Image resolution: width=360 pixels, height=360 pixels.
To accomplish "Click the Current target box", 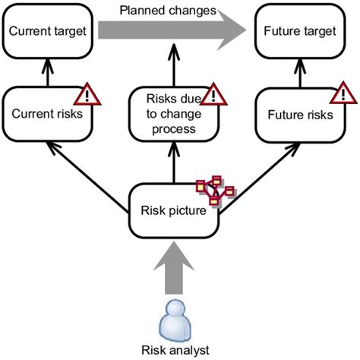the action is click(x=48, y=31).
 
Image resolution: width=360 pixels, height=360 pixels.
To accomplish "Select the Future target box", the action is click(x=300, y=31).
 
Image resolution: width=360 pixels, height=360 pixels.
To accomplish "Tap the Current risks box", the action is click(x=47, y=114).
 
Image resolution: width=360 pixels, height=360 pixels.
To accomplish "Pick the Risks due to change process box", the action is click(x=174, y=114).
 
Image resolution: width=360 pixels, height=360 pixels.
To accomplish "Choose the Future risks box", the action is click(x=300, y=115).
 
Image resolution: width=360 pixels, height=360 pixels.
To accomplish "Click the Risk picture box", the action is click(x=174, y=210).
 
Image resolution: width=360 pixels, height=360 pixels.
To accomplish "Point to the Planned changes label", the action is click(x=168, y=11).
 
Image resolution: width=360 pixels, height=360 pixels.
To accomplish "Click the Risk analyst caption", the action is click(x=175, y=350).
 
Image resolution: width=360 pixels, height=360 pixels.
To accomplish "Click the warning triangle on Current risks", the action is click(x=87, y=95).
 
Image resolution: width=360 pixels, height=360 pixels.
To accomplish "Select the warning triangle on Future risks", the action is click(x=343, y=94).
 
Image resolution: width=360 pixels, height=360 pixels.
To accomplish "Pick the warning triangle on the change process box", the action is click(x=213, y=95).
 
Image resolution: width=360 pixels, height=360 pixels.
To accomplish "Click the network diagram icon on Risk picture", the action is click(x=215, y=191).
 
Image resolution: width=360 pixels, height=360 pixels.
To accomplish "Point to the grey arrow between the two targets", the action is click(x=172, y=30).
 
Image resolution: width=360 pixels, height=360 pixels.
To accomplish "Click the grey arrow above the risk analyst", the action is click(x=174, y=268).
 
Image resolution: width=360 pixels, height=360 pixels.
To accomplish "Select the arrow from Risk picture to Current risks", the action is click(x=87, y=177).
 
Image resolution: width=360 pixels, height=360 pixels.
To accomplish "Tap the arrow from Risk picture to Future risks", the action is click(x=260, y=179).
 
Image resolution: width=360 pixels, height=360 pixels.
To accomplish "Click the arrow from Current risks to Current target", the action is click(x=48, y=73).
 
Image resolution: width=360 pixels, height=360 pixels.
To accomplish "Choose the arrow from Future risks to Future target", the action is click(x=300, y=73).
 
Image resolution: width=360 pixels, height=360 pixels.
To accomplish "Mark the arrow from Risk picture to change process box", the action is click(x=174, y=163).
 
